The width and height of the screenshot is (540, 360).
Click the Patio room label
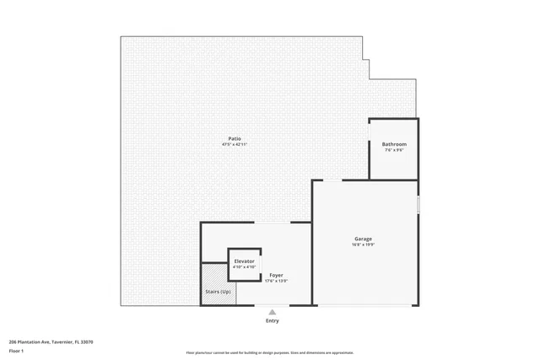(234, 138)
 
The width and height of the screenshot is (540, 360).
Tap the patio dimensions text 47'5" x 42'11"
(234, 144)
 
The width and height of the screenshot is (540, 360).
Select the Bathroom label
(394, 144)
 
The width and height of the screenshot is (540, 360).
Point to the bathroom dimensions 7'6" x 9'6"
(394, 150)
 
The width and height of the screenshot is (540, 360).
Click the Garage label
(363, 239)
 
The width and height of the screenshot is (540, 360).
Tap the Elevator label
(244, 261)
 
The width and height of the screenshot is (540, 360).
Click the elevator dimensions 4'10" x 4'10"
(244, 267)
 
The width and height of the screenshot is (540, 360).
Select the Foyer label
(276, 275)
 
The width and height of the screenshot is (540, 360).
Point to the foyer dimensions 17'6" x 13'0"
(276, 281)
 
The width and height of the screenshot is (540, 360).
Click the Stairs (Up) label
(218, 292)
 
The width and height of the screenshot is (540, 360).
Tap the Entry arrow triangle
(272, 312)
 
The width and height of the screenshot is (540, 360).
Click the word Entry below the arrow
(272, 320)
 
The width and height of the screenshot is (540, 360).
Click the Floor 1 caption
(16, 350)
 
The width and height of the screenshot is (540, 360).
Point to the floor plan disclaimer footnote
(270, 352)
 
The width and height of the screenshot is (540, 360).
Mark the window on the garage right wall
(418, 204)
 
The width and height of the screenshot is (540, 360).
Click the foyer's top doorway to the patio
(272, 223)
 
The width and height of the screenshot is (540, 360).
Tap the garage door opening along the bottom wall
(365, 305)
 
